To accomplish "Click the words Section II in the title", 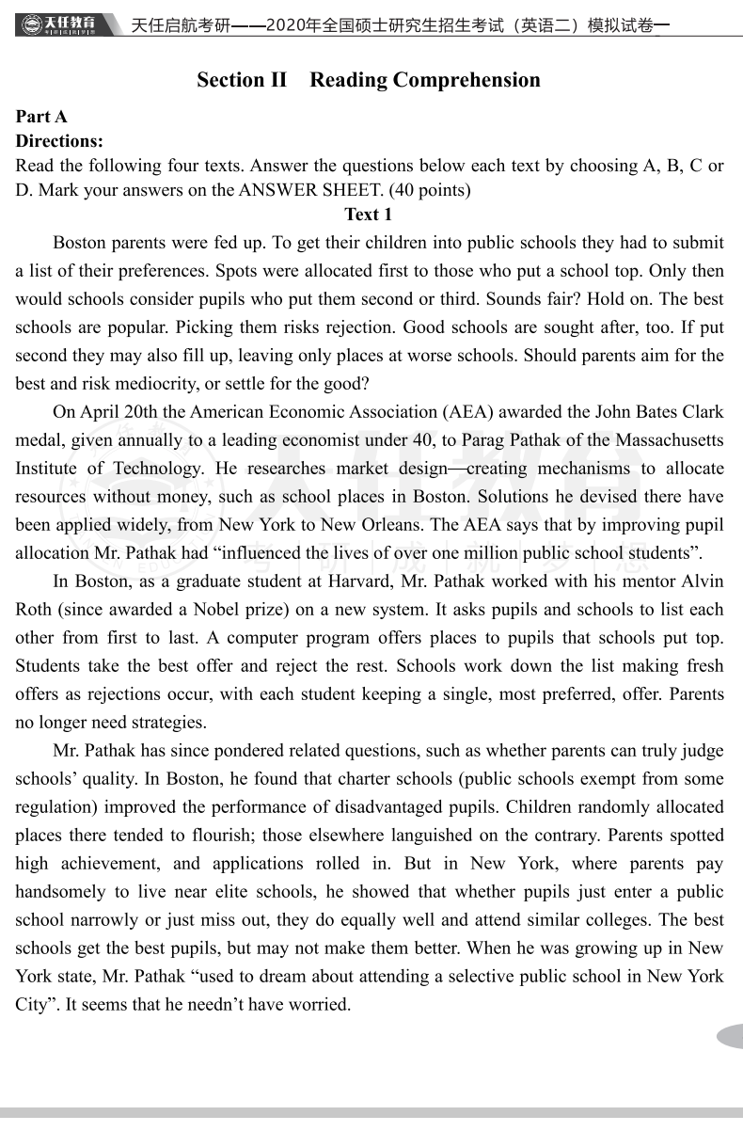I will [x=242, y=80].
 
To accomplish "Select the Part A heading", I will [x=41, y=117].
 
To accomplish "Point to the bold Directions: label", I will [x=59, y=141].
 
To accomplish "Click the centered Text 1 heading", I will [x=369, y=215].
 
